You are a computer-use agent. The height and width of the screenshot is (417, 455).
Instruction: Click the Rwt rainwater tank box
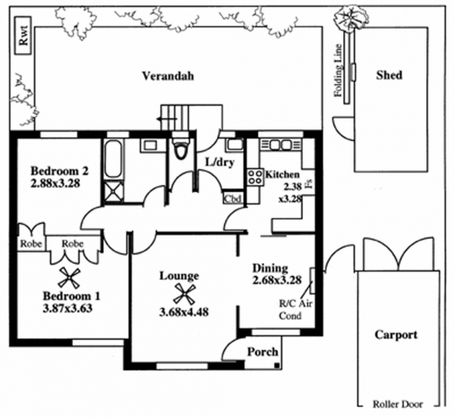(23, 39)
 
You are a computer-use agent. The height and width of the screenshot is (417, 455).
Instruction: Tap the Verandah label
(168, 76)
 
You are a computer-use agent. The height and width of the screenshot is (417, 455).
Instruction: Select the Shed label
(389, 75)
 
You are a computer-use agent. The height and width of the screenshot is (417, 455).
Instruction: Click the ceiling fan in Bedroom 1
(69, 278)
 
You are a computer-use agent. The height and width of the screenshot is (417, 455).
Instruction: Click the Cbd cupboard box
(233, 199)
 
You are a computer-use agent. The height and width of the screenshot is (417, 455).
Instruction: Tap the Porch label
(262, 352)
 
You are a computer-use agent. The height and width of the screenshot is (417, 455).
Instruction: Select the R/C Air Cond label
(293, 310)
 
